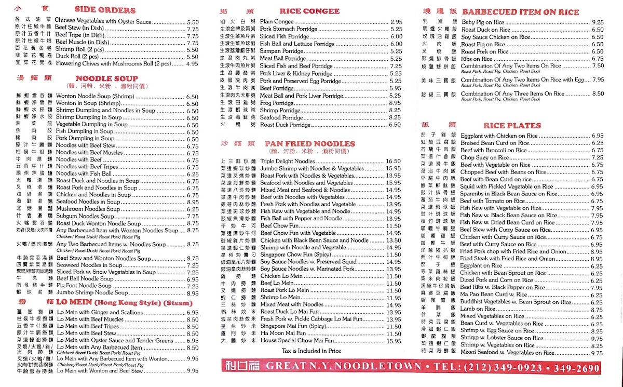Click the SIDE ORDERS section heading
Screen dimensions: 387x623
point(105,9)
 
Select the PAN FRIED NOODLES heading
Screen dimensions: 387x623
point(309,143)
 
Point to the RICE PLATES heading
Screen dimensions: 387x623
point(512,125)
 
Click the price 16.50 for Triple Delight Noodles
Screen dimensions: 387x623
point(393,162)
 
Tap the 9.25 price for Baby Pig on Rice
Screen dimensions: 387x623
point(598,22)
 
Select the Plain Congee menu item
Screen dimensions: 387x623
point(277,22)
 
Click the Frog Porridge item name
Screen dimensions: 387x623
point(277,103)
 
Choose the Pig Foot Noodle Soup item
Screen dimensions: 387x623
point(84,286)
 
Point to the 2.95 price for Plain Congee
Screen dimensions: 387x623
point(396,22)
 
